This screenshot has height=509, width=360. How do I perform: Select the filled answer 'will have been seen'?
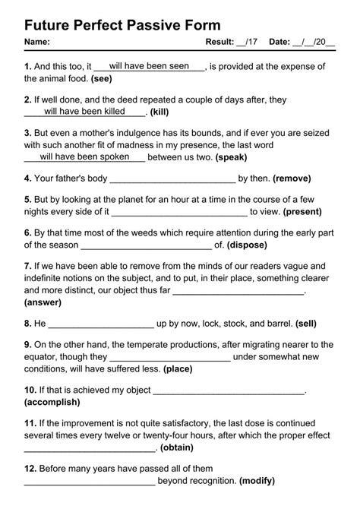click(149, 67)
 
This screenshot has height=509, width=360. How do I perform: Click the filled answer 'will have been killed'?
click(84, 112)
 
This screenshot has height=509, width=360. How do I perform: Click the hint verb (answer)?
click(43, 302)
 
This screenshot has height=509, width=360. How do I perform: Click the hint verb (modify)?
click(257, 481)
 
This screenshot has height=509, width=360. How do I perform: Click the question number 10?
click(30, 390)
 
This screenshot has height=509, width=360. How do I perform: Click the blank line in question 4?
click(172, 180)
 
